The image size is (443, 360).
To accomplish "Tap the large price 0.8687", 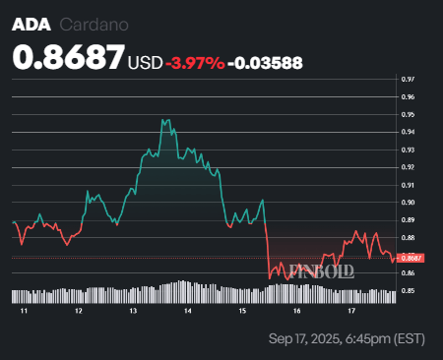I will pos(68,58).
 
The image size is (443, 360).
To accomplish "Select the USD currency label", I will pos(146,63).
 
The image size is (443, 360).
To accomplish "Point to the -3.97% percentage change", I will pos(192,63).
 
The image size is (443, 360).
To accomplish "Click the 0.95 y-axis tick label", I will pos(408,114).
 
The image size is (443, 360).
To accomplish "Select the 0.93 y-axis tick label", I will pos(408,150).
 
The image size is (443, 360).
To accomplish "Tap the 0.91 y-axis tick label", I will pos(408,185).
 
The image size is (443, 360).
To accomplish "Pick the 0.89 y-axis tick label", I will pos(408,220).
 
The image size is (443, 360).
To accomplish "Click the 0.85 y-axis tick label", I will pos(408,291).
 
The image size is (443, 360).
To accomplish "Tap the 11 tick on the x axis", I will pos(23,310).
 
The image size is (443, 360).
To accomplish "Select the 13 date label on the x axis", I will pos(133,310).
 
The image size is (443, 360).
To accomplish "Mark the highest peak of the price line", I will pos(163,120).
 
